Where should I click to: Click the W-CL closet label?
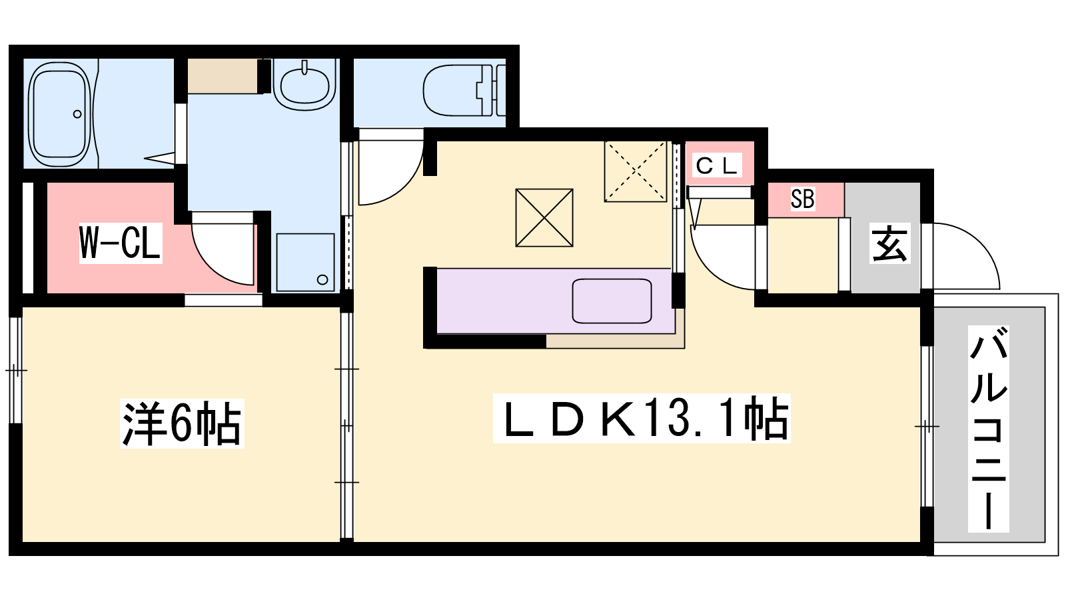pyautogui.click(x=121, y=243)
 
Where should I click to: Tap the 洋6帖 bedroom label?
pyautogui.click(x=182, y=423)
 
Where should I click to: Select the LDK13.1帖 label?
pyautogui.click(x=642, y=418)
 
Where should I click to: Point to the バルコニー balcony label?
pyautogui.click(x=989, y=429)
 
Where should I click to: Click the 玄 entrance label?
pyautogui.click(x=890, y=243)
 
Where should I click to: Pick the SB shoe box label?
pyautogui.click(x=802, y=199)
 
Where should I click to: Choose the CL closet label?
pyautogui.click(x=716, y=165)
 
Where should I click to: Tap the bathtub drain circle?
pyautogui.click(x=77, y=114)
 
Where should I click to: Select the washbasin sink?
pyautogui.click(x=304, y=86)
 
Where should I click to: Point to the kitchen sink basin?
pyautogui.click(x=612, y=301)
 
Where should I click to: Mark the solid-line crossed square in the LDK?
pyautogui.click(x=544, y=217)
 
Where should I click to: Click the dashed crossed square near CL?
pyautogui.click(x=636, y=171)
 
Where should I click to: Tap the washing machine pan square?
pyautogui.click(x=306, y=262)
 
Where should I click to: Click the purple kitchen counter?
pyautogui.click(x=555, y=301)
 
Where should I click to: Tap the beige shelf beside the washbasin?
pyautogui.click(x=223, y=76)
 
